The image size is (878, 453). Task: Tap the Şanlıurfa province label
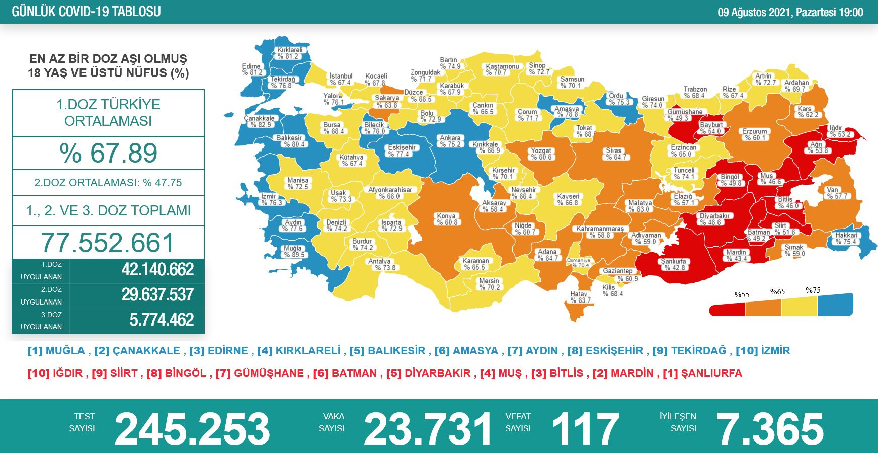(x=673, y=264)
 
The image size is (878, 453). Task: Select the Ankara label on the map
(x=450, y=141)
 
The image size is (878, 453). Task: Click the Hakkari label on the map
(x=846, y=238)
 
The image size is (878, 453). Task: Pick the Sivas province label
(x=615, y=154)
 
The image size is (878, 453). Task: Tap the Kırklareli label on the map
(x=290, y=53)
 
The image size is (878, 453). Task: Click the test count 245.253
(x=192, y=429)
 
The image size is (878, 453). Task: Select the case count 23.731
(x=428, y=429)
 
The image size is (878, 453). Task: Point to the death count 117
(x=585, y=429)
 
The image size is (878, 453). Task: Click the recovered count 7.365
(x=769, y=429)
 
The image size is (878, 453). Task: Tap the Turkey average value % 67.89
(x=108, y=153)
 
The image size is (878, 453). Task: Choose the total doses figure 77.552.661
(x=108, y=243)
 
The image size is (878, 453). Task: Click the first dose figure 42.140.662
(x=157, y=270)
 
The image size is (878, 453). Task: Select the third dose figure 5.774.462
(x=162, y=320)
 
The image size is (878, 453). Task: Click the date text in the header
(x=790, y=12)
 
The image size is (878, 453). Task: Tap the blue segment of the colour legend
(x=835, y=306)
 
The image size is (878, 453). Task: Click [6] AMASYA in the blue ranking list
(x=466, y=351)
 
